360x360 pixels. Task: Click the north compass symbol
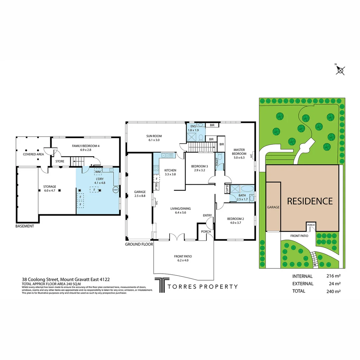click(x=340, y=70)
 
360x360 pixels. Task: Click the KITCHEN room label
click(x=170, y=172)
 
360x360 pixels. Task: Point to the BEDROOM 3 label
click(x=200, y=168)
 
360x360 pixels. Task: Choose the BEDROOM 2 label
click(x=236, y=221)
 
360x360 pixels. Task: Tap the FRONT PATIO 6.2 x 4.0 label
click(x=183, y=258)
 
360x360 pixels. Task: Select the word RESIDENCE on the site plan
click(x=310, y=201)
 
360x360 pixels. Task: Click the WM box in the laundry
click(x=98, y=172)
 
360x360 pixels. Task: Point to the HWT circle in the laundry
click(x=115, y=190)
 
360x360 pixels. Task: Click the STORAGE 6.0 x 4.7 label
click(x=49, y=189)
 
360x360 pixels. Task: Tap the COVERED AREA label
click(x=33, y=154)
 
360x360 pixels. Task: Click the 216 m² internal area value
click(x=333, y=276)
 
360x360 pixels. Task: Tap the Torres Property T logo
click(x=161, y=286)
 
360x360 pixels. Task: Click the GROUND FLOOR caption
click(x=139, y=244)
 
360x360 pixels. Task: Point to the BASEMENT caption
click(x=25, y=226)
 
